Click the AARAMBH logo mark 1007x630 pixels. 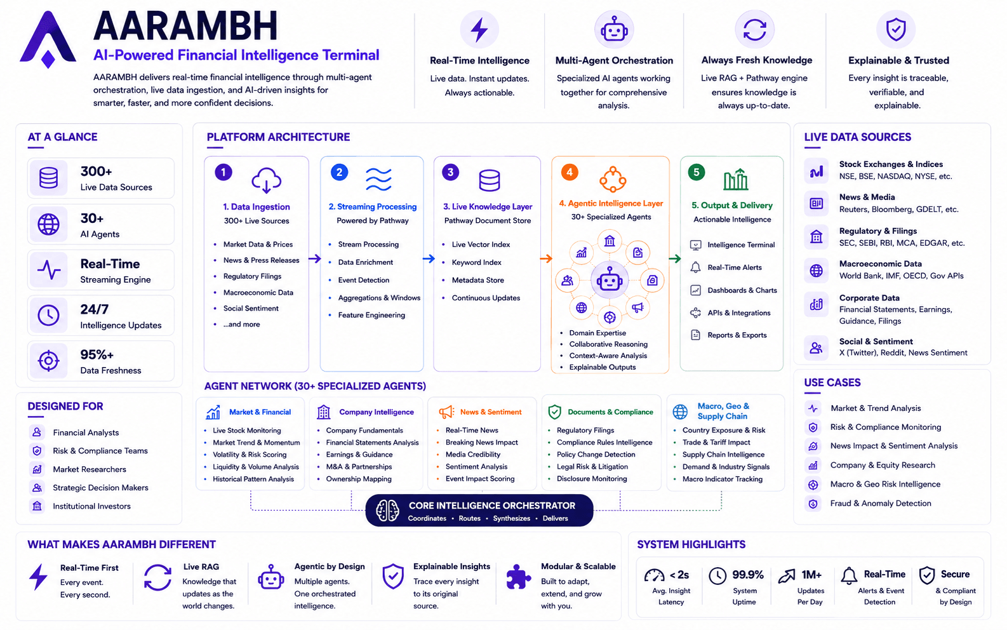(x=47, y=39)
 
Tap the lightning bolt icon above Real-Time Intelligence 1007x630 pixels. (x=479, y=30)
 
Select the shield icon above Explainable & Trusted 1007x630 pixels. (x=895, y=30)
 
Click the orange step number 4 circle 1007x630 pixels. (x=569, y=172)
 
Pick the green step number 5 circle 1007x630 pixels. (x=697, y=172)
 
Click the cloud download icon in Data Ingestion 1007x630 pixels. (x=266, y=180)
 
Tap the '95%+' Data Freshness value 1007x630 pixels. (x=97, y=355)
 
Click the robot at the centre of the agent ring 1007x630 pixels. (x=609, y=280)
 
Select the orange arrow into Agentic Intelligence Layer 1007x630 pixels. (x=546, y=258)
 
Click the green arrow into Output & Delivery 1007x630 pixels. (x=674, y=258)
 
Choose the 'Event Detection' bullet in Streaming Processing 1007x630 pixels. (x=364, y=280)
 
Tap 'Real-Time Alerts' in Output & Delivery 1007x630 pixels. (x=735, y=267)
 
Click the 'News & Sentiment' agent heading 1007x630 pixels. (x=490, y=412)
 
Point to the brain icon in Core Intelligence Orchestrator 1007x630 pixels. (x=387, y=511)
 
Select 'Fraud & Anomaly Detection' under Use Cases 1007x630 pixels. (x=880, y=504)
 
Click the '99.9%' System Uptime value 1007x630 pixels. (x=747, y=575)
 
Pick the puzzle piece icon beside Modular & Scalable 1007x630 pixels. (x=518, y=577)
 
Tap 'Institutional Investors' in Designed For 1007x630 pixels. (x=91, y=506)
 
